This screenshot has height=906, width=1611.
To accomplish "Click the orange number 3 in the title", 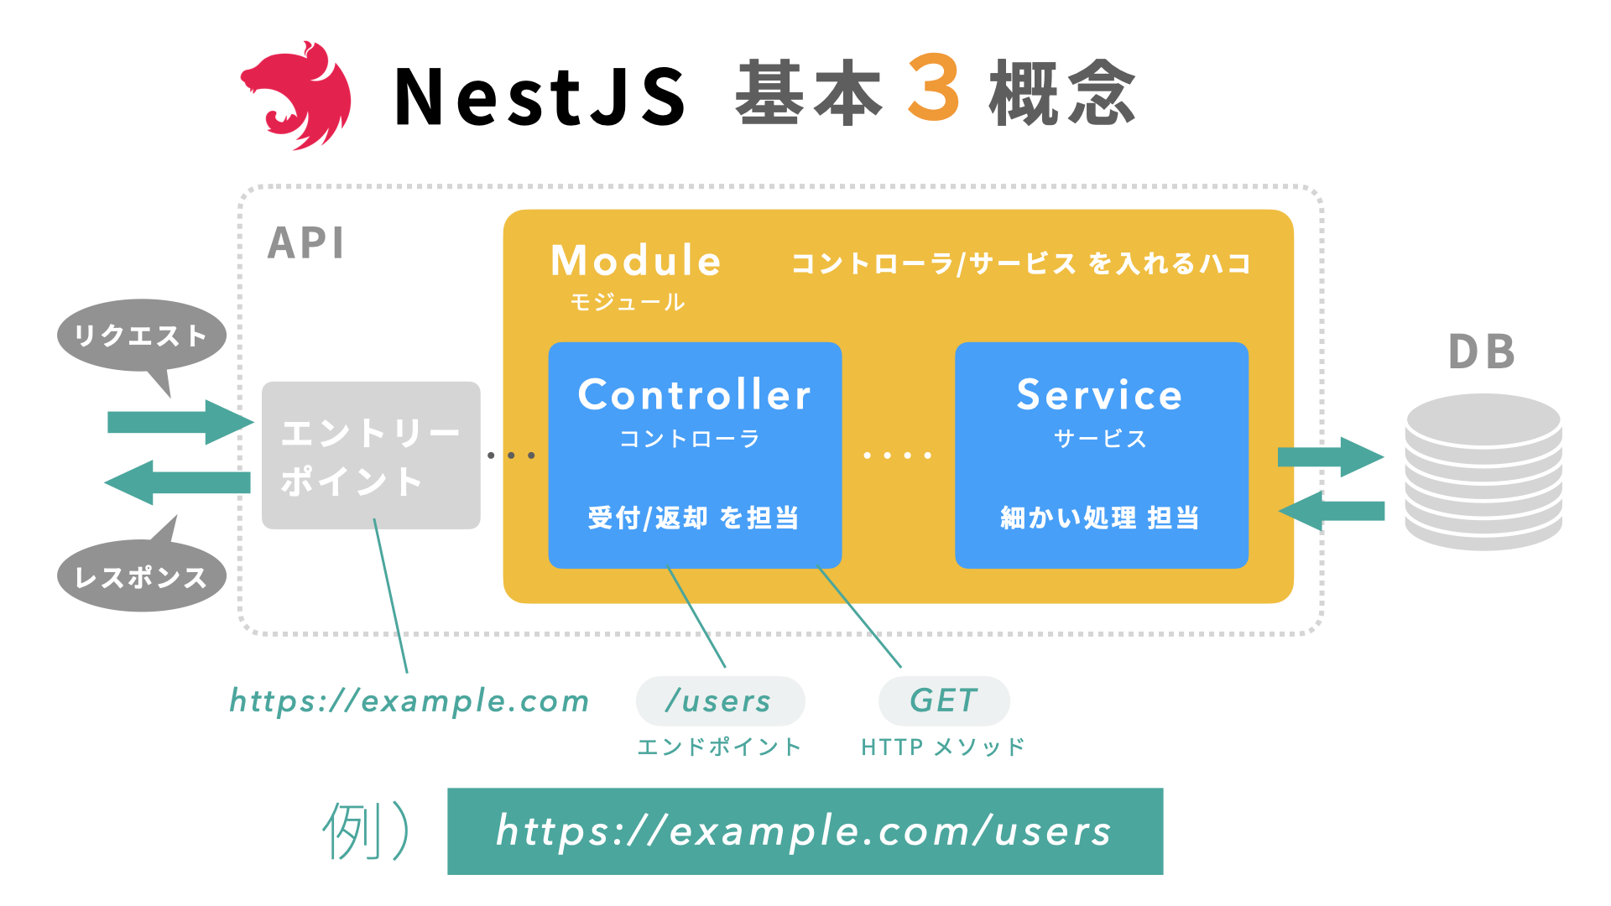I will (933, 89).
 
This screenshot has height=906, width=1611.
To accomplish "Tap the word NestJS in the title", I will (540, 96).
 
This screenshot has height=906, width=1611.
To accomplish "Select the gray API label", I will (305, 243).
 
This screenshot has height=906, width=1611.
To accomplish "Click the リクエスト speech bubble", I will (141, 336).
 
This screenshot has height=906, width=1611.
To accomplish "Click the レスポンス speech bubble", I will (141, 576).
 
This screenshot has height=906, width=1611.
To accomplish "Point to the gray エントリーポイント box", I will (370, 456).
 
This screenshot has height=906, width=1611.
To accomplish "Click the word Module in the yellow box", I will (635, 261).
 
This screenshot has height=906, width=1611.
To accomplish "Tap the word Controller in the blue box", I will (694, 395).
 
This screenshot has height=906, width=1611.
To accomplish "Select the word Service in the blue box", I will (1099, 395).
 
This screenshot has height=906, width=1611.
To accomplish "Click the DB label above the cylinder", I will (1482, 352).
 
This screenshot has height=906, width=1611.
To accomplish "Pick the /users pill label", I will (719, 701).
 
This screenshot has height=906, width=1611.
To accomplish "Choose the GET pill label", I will (943, 701).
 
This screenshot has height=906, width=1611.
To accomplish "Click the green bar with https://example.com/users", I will (805, 831).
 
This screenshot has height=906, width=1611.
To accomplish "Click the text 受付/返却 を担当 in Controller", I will (693, 518).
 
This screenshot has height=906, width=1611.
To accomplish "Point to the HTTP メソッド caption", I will (942, 747).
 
